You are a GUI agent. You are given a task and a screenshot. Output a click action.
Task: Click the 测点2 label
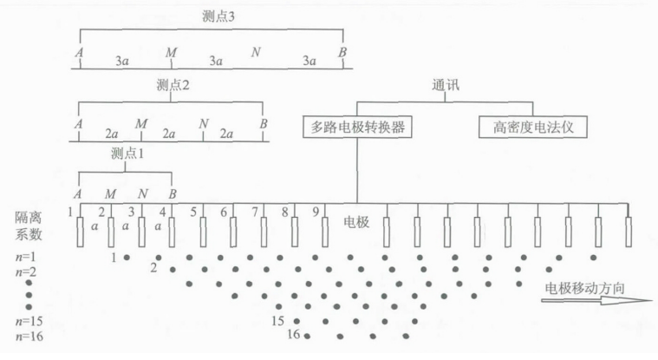(x=173, y=85)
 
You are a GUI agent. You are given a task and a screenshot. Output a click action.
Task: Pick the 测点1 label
(x=127, y=154)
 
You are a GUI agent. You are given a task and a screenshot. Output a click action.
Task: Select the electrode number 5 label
(x=192, y=211)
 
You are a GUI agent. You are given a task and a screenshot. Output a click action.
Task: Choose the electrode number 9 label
(x=316, y=211)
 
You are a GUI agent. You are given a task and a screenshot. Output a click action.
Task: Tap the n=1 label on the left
(x=27, y=258)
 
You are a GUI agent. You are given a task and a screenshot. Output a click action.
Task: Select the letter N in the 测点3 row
(x=256, y=54)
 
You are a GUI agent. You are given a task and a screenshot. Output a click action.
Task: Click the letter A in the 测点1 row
(x=79, y=193)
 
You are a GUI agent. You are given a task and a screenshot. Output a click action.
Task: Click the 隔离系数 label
(x=27, y=224)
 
